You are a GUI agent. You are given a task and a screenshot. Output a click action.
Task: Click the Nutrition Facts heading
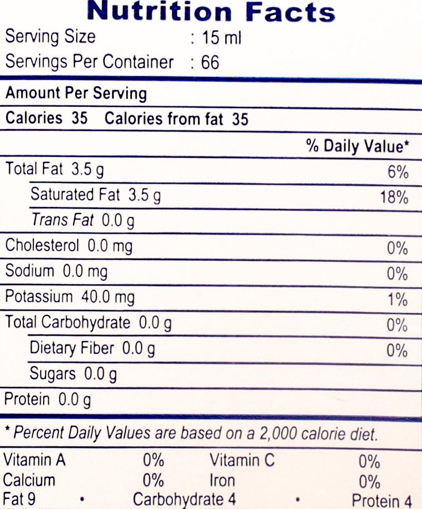pyautogui.click(x=211, y=11)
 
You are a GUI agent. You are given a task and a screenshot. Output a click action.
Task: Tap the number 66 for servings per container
pyautogui.click(x=210, y=62)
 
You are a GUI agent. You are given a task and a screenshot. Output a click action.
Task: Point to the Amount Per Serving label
pyautogui.click(x=76, y=93)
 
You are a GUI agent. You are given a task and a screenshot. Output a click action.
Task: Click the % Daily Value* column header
pyautogui.click(x=357, y=146)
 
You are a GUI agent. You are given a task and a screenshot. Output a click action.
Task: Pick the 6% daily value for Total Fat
pyautogui.click(x=398, y=172)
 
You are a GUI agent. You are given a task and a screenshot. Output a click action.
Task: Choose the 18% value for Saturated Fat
pyautogui.click(x=394, y=197)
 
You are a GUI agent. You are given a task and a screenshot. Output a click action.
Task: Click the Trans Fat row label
pyautogui.click(x=62, y=220)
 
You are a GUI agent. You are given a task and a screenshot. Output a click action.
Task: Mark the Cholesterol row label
pyautogui.click(x=42, y=246)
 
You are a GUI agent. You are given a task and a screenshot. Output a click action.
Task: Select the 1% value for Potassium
pyautogui.click(x=398, y=300)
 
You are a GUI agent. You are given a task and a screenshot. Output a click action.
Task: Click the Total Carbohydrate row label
pyautogui.click(x=67, y=323)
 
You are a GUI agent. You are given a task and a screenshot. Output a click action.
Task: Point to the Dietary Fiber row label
pyautogui.click(x=72, y=348)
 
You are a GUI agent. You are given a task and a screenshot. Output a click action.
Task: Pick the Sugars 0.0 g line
pyautogui.click(x=73, y=374)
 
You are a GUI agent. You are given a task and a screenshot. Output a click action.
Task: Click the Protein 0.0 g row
pyautogui.click(x=47, y=400)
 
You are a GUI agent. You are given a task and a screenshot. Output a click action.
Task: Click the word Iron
pyautogui.click(x=223, y=480)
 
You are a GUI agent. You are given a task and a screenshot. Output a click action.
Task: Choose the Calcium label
pyautogui.click(x=29, y=480)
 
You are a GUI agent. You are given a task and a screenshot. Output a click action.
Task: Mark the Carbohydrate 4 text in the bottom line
pyautogui.click(x=184, y=499)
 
